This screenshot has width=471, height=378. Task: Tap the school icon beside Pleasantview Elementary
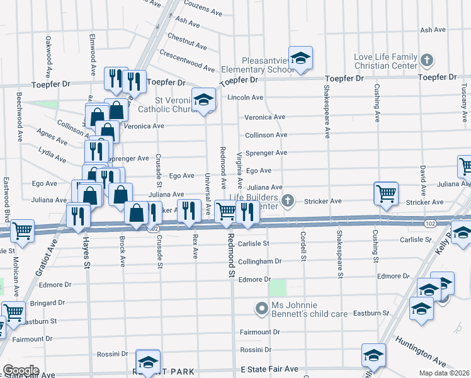(301, 58)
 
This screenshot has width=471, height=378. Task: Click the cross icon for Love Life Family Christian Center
(427, 61)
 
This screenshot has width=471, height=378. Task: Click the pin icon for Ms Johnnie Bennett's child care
(261, 308)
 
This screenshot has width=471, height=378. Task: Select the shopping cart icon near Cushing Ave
(385, 193)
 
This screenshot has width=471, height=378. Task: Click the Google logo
(21, 370)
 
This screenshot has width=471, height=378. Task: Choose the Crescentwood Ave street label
(187, 60)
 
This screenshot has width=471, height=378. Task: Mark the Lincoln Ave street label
(245, 98)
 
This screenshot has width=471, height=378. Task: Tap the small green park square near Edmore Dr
(277, 288)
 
